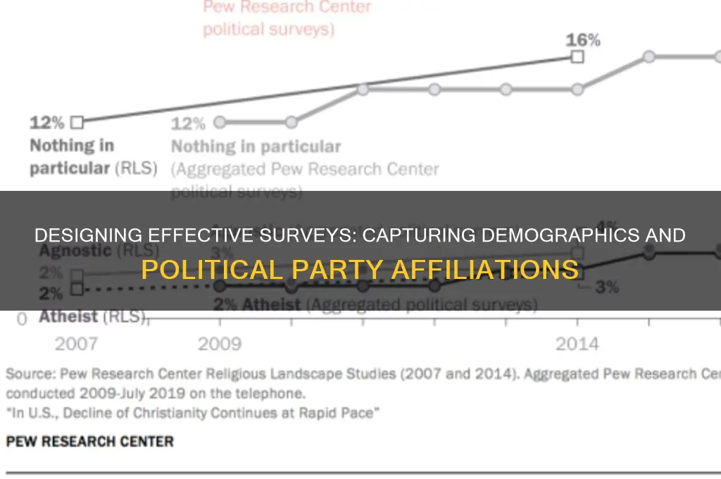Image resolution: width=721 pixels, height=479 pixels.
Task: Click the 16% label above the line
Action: click(583, 40)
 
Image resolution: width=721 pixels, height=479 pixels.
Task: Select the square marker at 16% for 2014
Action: click(577, 57)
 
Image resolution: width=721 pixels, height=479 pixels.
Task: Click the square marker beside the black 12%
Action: click(77, 122)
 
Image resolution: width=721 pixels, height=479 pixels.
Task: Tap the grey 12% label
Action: click(188, 124)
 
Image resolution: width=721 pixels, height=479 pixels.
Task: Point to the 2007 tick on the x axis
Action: click(76, 344)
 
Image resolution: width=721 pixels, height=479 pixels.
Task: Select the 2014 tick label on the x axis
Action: click(577, 344)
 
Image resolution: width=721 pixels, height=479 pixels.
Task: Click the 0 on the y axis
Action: click(22, 319)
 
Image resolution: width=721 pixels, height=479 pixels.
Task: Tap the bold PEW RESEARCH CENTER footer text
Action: click(89, 442)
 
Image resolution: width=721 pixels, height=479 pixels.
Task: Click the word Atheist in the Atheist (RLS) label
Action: click(68, 316)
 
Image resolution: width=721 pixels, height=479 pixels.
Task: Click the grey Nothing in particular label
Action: click(256, 147)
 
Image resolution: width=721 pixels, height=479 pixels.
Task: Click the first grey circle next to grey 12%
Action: click(220, 122)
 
